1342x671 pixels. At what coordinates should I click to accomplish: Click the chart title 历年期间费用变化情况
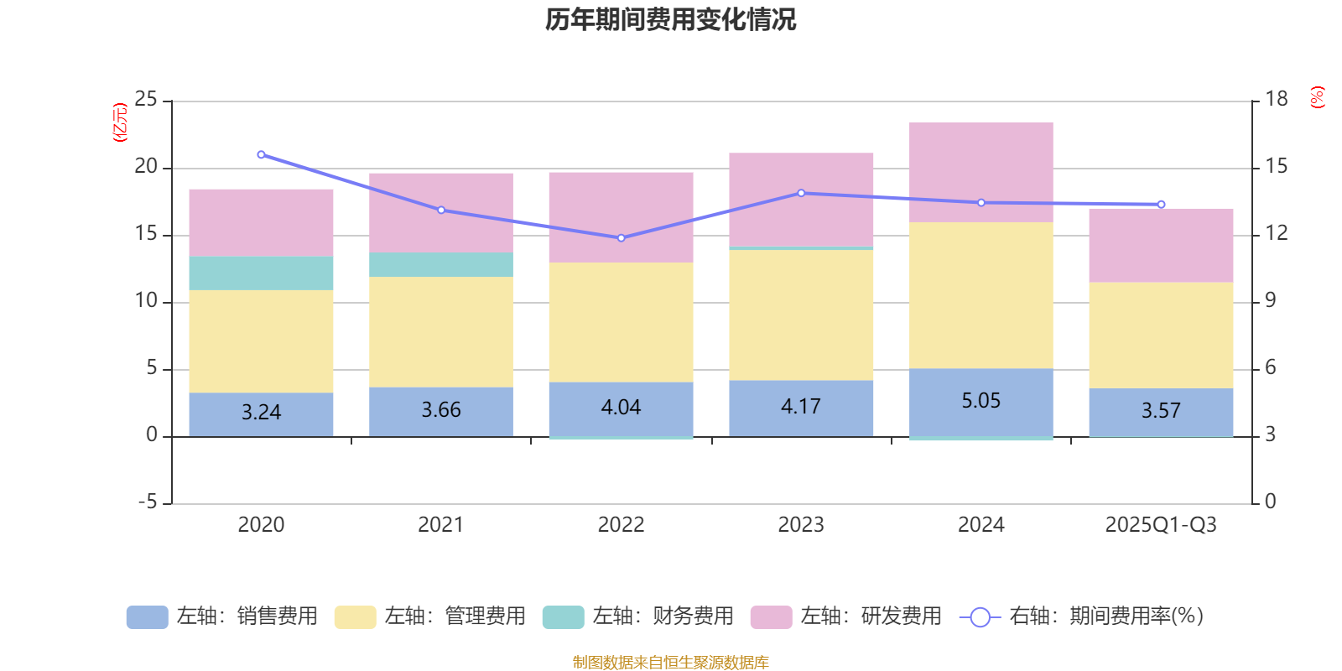tap(670, 19)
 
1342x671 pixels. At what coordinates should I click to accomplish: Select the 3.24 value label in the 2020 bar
tap(261, 412)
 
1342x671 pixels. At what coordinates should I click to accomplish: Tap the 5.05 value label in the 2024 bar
tap(980, 401)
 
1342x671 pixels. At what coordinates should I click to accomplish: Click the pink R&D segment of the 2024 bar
tap(980, 172)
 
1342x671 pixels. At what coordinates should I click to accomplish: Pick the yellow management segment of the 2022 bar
tap(621, 323)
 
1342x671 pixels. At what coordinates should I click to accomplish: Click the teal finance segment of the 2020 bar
tap(261, 273)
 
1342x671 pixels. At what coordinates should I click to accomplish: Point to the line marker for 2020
tap(261, 154)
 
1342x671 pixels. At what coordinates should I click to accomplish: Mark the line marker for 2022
tap(621, 238)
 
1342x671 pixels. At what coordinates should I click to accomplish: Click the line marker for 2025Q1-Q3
tap(1161, 205)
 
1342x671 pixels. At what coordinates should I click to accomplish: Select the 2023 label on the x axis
tap(800, 525)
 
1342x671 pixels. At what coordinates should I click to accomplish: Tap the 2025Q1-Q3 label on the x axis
tap(1160, 525)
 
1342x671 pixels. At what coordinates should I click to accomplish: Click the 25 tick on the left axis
tap(146, 100)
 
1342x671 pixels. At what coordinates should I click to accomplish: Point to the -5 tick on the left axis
tap(146, 502)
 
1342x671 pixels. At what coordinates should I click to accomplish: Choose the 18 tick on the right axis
tap(1276, 100)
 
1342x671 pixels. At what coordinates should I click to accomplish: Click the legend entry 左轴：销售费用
tap(222, 616)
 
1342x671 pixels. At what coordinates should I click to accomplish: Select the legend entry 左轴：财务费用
tap(638, 616)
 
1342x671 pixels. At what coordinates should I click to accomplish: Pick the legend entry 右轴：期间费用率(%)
tap(1081, 616)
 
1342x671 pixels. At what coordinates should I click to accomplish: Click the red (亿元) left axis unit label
tap(120, 122)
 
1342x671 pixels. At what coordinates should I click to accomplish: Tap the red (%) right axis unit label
tap(1317, 97)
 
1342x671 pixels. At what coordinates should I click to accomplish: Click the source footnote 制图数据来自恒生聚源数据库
tap(670, 663)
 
